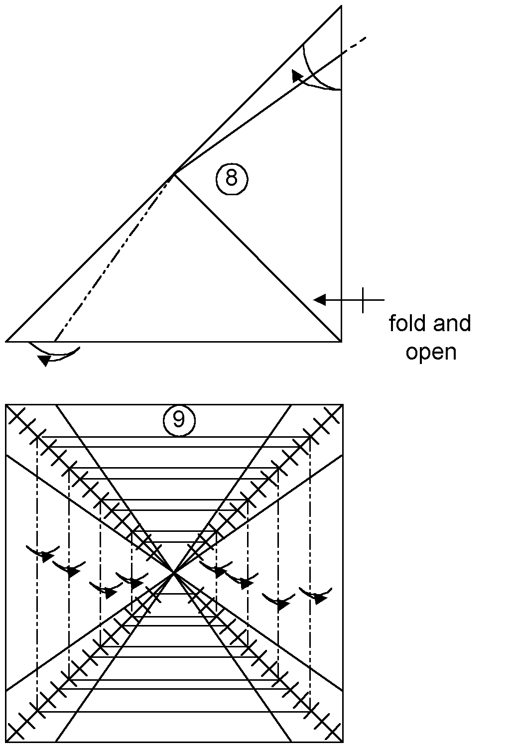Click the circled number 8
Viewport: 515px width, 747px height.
tap(232, 178)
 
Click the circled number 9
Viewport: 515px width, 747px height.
tap(178, 420)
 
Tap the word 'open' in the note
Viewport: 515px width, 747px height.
tap(431, 352)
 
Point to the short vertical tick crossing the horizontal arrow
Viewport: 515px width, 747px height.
tap(363, 300)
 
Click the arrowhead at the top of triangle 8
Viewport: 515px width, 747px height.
tap(297, 75)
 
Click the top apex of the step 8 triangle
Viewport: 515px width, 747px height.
tap(341, 6)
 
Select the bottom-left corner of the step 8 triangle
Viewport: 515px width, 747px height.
tap(6, 342)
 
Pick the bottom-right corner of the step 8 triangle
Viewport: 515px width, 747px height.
tap(341, 342)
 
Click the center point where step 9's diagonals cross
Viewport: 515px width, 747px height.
tap(174, 574)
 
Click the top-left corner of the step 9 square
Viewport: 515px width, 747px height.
tap(6, 405)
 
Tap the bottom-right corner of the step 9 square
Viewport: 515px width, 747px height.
tap(343, 742)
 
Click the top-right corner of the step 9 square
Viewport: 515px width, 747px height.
tap(343, 405)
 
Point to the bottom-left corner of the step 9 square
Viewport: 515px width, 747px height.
tap(6, 742)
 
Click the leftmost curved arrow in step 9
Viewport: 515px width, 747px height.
tap(43, 554)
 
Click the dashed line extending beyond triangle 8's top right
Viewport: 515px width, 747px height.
tap(354, 44)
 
